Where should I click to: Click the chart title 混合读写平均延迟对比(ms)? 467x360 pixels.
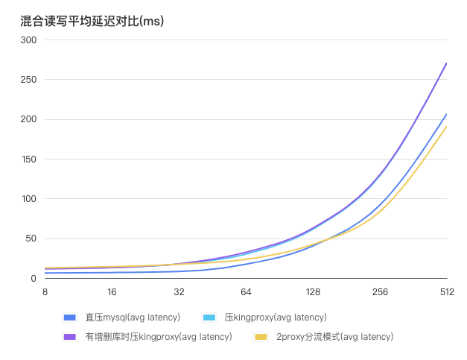tap(92, 22)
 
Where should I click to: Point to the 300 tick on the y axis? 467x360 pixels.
tap(28, 40)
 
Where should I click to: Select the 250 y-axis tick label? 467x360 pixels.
tap(28, 80)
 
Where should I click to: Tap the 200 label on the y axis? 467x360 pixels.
tap(28, 119)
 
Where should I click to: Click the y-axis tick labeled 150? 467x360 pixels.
tap(28, 160)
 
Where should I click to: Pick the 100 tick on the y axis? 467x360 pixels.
tap(28, 199)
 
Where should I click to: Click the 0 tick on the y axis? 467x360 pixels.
tap(34, 279)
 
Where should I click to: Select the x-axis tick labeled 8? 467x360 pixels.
tap(45, 292)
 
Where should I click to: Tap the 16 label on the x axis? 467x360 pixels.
tap(112, 292)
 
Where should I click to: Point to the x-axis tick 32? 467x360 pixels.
tap(179, 292)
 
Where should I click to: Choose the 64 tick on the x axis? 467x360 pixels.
tap(246, 292)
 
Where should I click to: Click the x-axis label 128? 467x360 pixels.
tap(313, 292)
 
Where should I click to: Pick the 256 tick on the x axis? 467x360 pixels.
tap(380, 292)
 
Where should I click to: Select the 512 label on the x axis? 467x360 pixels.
tap(447, 292)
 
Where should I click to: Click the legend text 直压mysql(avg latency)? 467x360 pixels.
tap(133, 318)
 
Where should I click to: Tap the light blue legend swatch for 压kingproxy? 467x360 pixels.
tap(209, 318)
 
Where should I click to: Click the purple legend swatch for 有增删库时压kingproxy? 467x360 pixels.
tap(71, 337)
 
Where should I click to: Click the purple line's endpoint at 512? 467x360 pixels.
tap(447, 63)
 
